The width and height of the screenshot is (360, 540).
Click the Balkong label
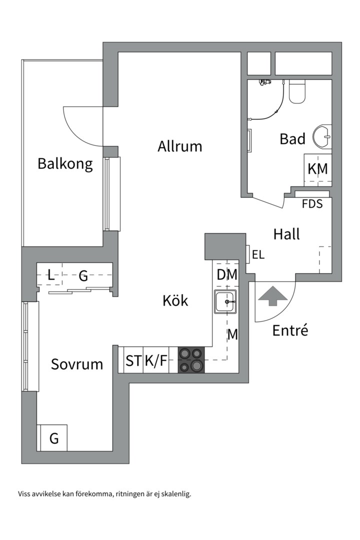click(65, 163)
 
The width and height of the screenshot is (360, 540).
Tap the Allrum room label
click(180, 146)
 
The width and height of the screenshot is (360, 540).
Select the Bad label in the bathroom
click(292, 139)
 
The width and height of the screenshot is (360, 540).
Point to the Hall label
click(286, 234)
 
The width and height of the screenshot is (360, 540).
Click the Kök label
click(175, 300)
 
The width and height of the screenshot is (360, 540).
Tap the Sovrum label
click(77, 364)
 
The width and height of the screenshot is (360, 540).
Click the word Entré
click(290, 330)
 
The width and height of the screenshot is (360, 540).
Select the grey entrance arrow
click(273, 295)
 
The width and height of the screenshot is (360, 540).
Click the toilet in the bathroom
click(297, 91)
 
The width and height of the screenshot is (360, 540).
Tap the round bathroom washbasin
click(322, 136)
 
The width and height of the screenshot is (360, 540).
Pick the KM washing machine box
click(317, 169)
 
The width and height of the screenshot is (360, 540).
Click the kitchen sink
click(225, 301)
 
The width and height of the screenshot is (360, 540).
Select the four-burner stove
click(191, 360)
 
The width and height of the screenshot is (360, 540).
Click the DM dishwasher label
click(227, 274)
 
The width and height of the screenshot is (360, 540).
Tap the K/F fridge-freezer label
click(156, 360)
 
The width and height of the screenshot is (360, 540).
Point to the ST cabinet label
click(133, 360)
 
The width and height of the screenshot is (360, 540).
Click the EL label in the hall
click(258, 254)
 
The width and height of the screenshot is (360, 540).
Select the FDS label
click(312, 204)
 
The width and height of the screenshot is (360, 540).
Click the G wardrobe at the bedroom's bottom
click(52, 438)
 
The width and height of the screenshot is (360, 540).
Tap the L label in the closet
click(51, 275)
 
